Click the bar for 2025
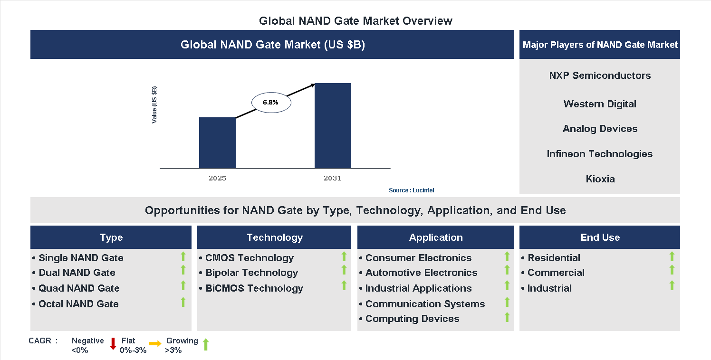[217, 142]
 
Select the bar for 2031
[332, 126]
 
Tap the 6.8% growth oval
[271, 102]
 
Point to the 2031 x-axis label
[332, 179]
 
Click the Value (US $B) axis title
[154, 105]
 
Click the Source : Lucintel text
[411, 190]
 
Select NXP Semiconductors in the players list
[600, 76]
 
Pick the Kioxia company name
[600, 179]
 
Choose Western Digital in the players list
[600, 104]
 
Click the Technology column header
[274, 237]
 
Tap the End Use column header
[600, 237]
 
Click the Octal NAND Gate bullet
[78, 304]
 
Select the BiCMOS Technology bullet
[254, 288]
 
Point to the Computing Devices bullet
[412, 319]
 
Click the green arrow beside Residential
[672, 257]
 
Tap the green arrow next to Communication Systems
[507, 302]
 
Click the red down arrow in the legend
[113, 344]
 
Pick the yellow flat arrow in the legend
[155, 344]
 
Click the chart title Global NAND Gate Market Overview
[355, 21]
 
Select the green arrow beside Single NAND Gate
[183, 257]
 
